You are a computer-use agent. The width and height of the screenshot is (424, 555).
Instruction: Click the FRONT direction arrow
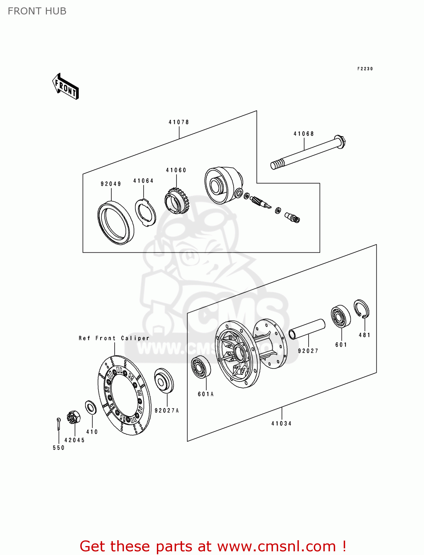point(66,87)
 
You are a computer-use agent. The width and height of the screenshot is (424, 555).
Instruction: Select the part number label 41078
point(179,122)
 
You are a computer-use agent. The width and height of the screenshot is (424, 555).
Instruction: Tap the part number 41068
point(304,134)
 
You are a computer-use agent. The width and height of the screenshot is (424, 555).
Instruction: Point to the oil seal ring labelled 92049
point(116,222)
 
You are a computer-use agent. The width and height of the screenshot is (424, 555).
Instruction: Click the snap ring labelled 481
point(361,309)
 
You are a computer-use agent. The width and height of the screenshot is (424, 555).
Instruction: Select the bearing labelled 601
point(340,316)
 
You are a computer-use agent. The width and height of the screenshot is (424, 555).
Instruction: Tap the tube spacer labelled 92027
point(307,329)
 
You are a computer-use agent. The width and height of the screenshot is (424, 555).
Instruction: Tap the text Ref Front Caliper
point(114,338)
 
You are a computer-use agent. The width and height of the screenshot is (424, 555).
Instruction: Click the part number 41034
point(282,424)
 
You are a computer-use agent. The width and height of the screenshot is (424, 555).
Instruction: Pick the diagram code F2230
point(365,69)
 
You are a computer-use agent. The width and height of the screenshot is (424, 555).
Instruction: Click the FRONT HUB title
point(37,11)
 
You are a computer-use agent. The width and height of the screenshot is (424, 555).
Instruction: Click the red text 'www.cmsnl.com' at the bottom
point(276,546)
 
